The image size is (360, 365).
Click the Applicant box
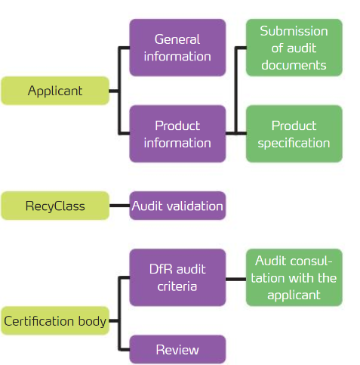[55, 91]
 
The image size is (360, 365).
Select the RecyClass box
[55, 206]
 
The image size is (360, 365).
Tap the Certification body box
[55, 320]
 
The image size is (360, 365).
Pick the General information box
[177, 48]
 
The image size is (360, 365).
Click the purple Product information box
[177, 134]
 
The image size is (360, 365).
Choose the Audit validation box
[177, 206]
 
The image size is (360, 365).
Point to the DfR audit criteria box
[177, 277]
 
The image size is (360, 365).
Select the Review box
[177, 349]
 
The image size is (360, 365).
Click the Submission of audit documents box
[294, 48]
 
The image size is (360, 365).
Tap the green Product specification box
[294, 134]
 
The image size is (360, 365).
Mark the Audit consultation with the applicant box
[294, 277]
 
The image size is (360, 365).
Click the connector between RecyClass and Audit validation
[119, 206]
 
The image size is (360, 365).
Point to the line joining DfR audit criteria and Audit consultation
[235, 279]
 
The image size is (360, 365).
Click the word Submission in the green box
[294, 31]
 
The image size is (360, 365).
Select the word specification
[294, 144]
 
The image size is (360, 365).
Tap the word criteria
[177, 286]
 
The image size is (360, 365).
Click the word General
[177, 39]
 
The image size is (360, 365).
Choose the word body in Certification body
[92, 321]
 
